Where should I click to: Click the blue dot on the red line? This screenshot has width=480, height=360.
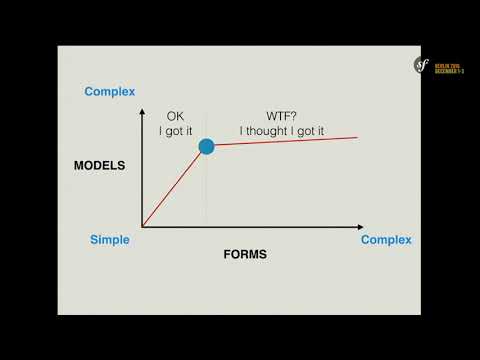pos(206,147)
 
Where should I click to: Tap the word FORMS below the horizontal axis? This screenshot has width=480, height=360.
pos(245,254)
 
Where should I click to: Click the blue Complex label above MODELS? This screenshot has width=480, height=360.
pos(110,92)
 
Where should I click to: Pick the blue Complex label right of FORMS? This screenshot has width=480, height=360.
pos(386,240)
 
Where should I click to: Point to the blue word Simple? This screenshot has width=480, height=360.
pos(110,240)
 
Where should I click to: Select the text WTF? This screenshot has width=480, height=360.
pos(283,116)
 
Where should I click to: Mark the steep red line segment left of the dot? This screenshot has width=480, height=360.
pos(175,186)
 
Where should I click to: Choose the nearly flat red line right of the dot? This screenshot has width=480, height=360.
pos(285,141)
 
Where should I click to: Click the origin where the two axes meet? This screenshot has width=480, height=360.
pos(142,227)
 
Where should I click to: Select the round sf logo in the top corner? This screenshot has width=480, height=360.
pos(422,65)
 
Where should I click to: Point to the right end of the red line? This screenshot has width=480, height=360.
pos(357,137)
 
